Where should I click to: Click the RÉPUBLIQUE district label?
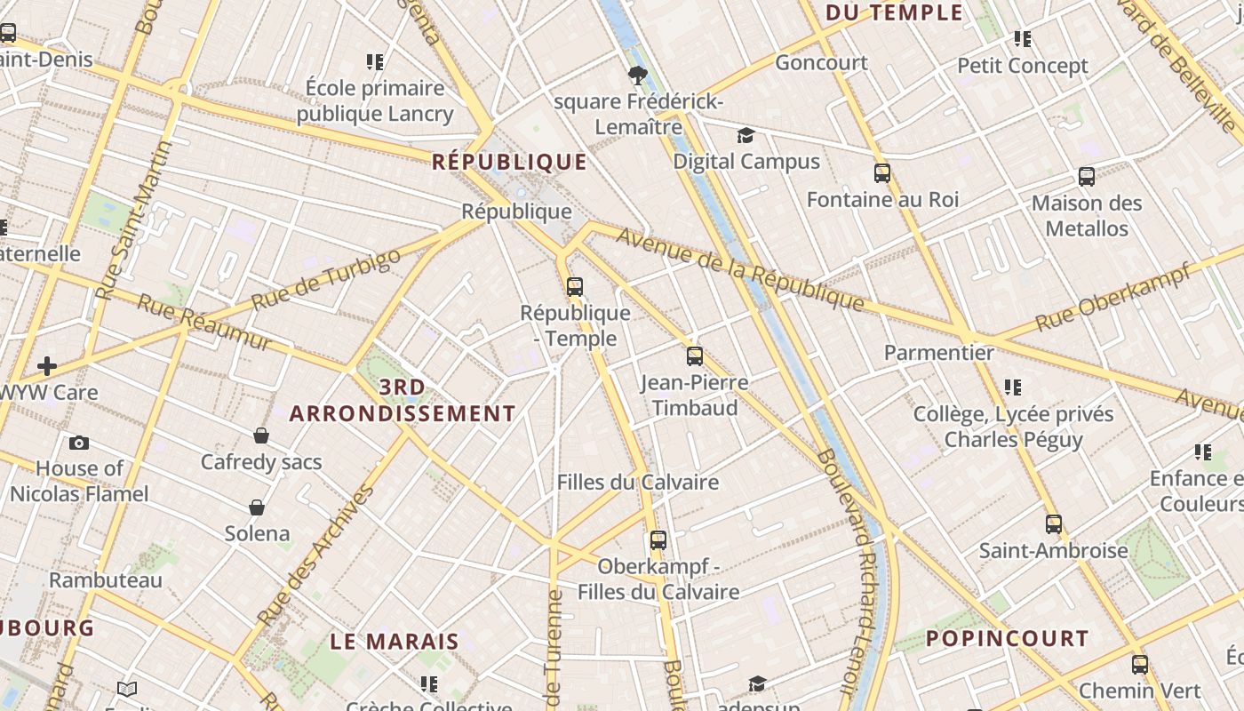pyautogui.click(x=509, y=162)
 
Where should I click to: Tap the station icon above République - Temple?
pyautogui.click(x=575, y=287)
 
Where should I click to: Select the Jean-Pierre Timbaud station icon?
pyautogui.click(x=695, y=356)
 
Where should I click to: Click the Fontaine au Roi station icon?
pyautogui.click(x=882, y=173)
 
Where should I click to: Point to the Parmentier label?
pyautogui.click(x=938, y=353)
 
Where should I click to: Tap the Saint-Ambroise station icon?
pyautogui.click(x=1054, y=524)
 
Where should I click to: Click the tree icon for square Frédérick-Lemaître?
pyautogui.click(x=637, y=76)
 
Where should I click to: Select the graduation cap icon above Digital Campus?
pyautogui.click(x=746, y=135)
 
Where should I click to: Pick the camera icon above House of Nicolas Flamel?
pyautogui.click(x=79, y=443)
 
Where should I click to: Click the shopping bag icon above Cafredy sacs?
pyautogui.click(x=261, y=435)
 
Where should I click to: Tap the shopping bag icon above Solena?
pyautogui.click(x=257, y=507)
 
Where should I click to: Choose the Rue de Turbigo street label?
pyautogui.click(x=325, y=279)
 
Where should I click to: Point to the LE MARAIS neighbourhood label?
pyautogui.click(x=395, y=642)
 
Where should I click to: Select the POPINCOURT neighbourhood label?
pyautogui.click(x=1007, y=639)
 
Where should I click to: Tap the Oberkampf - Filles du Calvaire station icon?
pyautogui.click(x=658, y=540)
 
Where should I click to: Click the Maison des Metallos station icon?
pyautogui.click(x=1087, y=177)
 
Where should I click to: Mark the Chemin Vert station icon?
pyautogui.click(x=1140, y=665)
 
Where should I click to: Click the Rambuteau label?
pyautogui.click(x=106, y=580)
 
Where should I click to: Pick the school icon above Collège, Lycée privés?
pyautogui.click(x=1013, y=387)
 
